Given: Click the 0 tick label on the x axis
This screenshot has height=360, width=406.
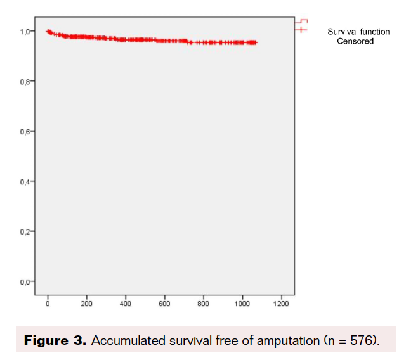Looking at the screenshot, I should coord(48,304).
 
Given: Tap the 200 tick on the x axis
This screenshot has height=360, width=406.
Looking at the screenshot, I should coord(86,304).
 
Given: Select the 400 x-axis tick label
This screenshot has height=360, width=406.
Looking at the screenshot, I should coord(125,304).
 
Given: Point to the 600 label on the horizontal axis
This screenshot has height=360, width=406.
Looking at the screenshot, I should coord(164,304).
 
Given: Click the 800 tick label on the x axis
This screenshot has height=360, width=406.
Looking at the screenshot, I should coord(203,304).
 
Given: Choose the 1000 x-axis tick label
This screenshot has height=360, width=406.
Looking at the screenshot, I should coord(242,304).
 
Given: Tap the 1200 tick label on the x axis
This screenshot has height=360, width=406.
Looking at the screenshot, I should coord(280,304).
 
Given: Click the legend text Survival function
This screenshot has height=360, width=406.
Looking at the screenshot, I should coord(358,32).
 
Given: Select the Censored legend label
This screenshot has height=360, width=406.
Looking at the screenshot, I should coord(355,41).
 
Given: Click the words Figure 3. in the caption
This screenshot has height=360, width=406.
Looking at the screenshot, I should coord(54,341).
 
